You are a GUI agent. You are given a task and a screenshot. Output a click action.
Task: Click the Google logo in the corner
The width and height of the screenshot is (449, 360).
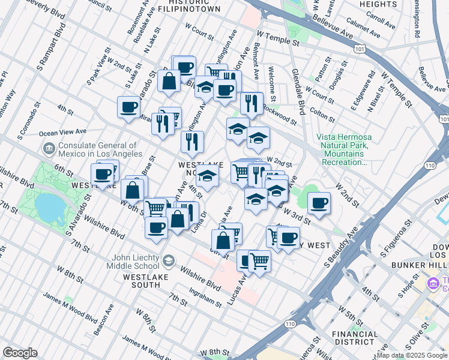20,353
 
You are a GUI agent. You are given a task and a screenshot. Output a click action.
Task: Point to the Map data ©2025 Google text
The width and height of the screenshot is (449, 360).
412,355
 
